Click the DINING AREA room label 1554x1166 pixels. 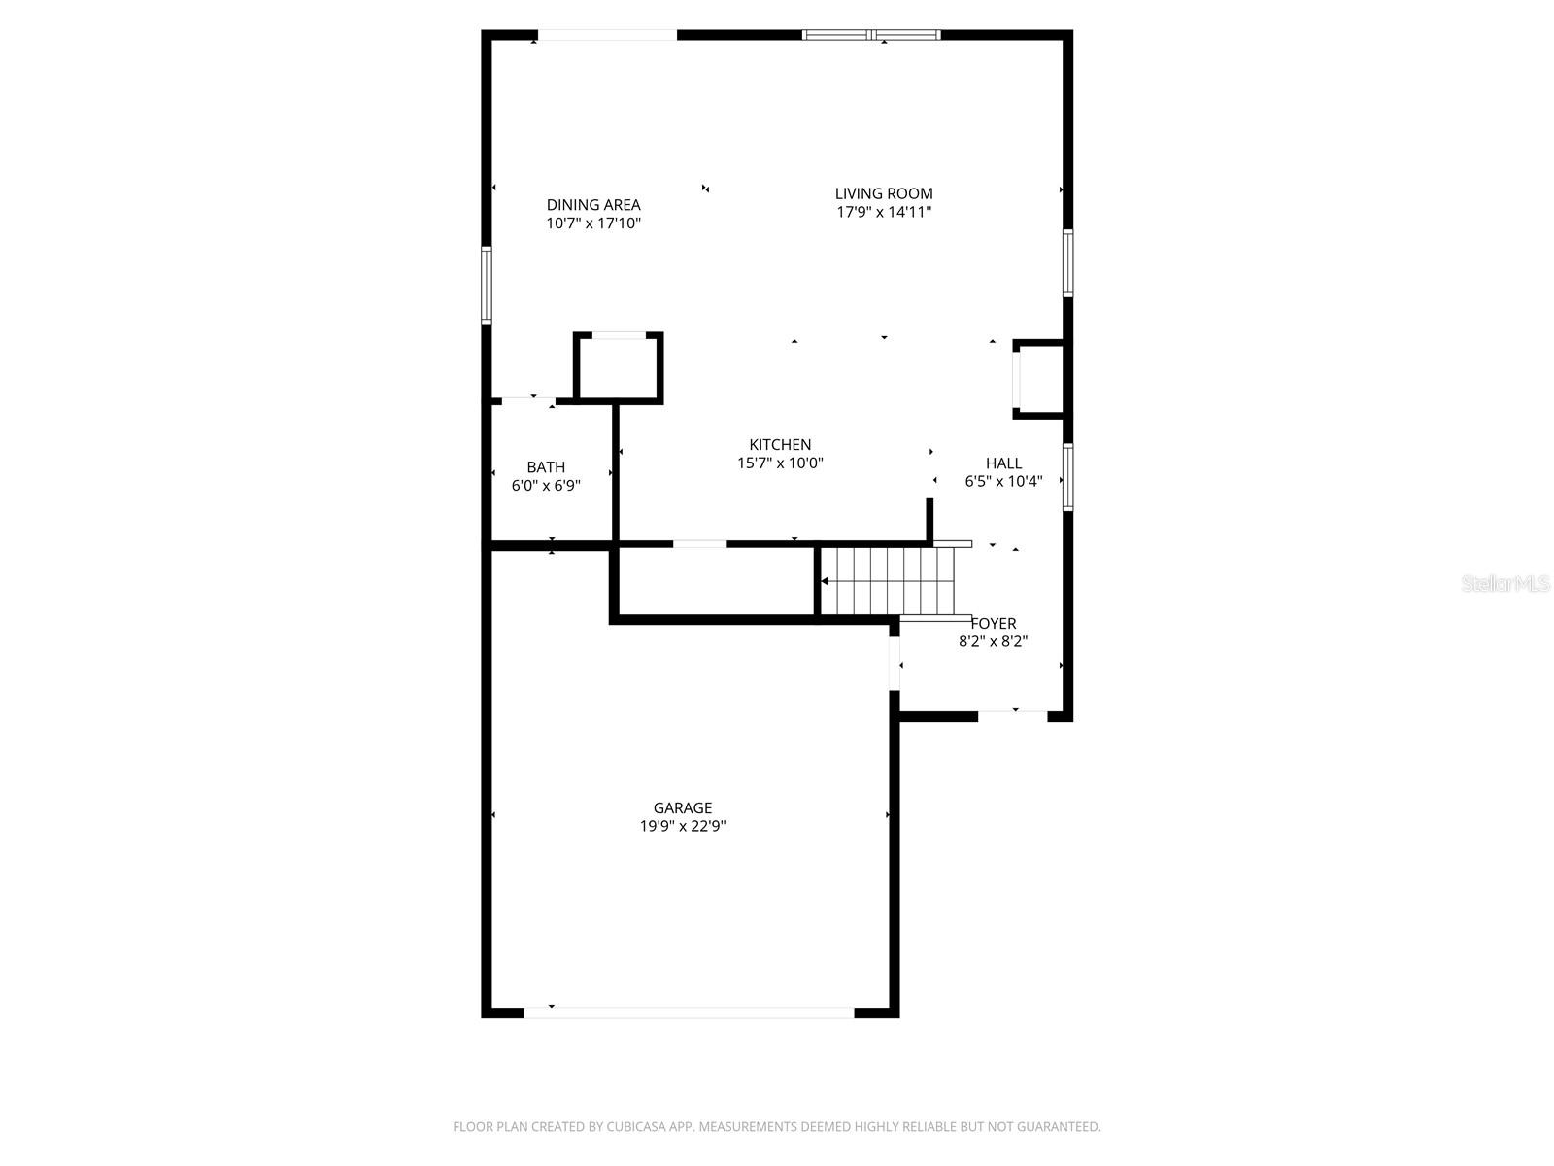click(x=593, y=204)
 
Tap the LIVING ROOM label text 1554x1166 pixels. click(x=884, y=193)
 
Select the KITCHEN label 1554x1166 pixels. click(x=780, y=445)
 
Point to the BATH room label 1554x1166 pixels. click(x=546, y=467)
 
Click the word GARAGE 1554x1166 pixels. click(x=682, y=807)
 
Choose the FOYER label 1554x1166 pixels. click(x=994, y=623)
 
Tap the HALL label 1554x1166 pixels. click(x=1003, y=463)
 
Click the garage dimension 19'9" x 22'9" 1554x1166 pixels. click(x=682, y=827)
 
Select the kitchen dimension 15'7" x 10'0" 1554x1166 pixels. click(x=780, y=463)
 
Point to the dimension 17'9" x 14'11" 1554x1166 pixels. click(x=884, y=212)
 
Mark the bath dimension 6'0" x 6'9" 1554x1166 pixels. click(x=546, y=486)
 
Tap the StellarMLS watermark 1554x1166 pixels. click(x=1506, y=584)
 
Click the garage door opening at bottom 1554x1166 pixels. click(x=689, y=1012)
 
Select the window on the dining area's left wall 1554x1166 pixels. click(x=487, y=284)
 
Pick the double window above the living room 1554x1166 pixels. click(x=871, y=36)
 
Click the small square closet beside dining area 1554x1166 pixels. click(x=619, y=366)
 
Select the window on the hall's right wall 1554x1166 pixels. click(x=1067, y=477)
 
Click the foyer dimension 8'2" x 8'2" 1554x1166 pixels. click(x=994, y=641)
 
